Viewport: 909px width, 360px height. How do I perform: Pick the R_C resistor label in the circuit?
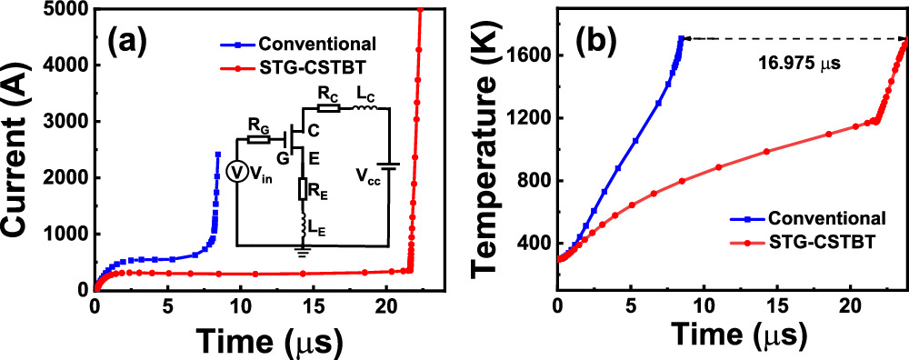327,93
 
